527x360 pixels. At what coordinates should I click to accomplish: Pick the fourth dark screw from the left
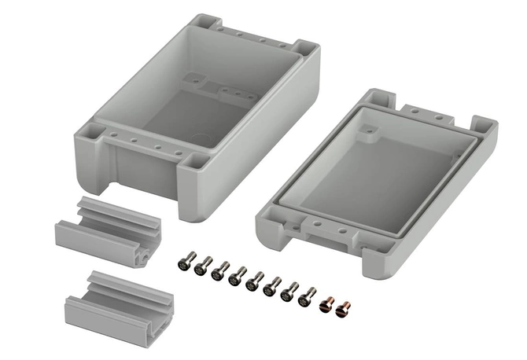pos(238,276)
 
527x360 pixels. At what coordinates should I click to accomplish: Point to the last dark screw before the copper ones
pos(308,297)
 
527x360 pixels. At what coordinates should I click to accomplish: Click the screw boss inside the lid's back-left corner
pos(368,134)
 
